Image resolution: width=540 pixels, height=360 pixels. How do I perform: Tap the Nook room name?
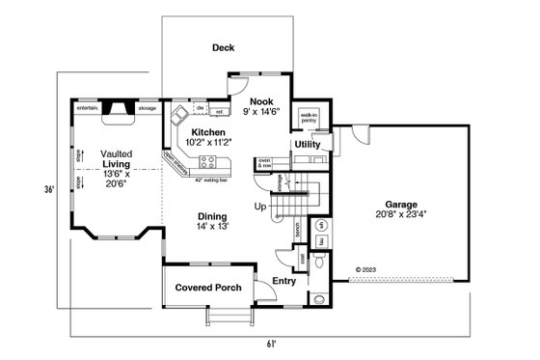click(x=261, y=100)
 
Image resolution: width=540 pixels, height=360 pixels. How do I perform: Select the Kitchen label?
click(x=208, y=132)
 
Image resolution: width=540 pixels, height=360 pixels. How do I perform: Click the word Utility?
click(x=307, y=144)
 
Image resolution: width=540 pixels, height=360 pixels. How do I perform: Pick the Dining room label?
click(x=212, y=216)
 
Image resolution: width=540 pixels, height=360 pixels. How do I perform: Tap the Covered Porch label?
click(x=204, y=287)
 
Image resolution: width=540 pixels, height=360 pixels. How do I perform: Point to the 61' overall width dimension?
click(x=272, y=343)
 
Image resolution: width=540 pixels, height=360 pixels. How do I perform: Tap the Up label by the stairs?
click(x=259, y=207)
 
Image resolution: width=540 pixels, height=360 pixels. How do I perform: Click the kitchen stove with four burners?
click(x=203, y=161)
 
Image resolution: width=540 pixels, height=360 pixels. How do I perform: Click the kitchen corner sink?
click(x=178, y=118)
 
